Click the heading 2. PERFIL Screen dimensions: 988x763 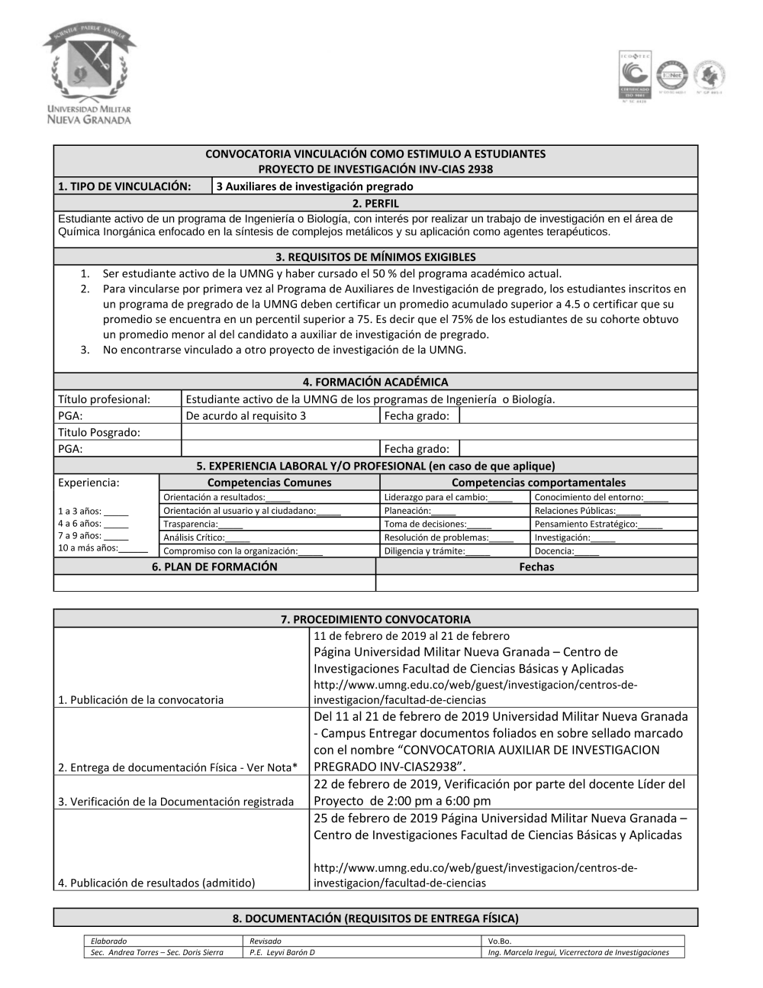point(375,203)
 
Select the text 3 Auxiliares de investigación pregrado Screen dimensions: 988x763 point(314,186)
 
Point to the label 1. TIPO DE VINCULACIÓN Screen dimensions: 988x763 point(124,186)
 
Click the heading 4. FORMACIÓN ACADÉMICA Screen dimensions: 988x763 point(375,382)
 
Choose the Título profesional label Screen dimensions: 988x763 point(105,399)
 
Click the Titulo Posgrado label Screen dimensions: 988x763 point(99,432)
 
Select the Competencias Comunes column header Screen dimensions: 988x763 point(269,483)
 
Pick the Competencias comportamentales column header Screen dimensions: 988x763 point(538,483)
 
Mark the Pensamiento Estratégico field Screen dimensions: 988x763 point(598,525)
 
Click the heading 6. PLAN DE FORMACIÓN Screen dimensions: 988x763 point(214,567)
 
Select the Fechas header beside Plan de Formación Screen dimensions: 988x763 point(536,567)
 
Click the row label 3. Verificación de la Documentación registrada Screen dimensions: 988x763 point(176,801)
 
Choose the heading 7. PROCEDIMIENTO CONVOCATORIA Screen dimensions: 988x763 point(375,619)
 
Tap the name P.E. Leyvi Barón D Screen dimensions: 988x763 point(282,952)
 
